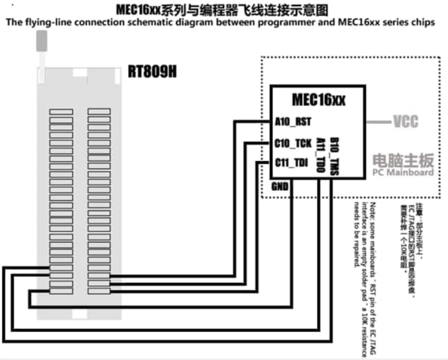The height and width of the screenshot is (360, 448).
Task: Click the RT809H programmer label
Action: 152,73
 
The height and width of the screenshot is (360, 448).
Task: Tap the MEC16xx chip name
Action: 319,100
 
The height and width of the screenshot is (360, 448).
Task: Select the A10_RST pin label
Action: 293,122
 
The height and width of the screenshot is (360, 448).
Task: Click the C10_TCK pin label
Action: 293,143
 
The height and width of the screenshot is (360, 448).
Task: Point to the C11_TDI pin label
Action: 292,162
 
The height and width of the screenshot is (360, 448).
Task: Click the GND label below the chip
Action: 280,186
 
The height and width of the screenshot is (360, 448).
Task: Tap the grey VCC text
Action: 406,122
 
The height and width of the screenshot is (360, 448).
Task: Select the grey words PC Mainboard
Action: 403,173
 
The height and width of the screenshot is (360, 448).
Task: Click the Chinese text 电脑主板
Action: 403,160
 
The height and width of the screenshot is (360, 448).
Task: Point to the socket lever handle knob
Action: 41,41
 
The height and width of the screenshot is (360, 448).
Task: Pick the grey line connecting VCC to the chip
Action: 378,122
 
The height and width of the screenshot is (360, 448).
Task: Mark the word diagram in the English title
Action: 195,22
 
